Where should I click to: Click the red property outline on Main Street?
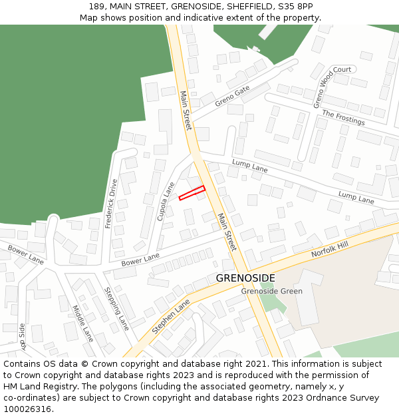point(192,193)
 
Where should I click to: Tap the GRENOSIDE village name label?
point(245,278)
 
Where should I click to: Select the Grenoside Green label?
point(271,291)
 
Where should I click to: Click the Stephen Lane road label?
point(171,315)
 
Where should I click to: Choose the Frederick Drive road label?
point(111,203)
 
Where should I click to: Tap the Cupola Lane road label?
point(166,202)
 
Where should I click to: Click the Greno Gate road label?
point(232,96)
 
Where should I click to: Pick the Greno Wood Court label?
point(332,85)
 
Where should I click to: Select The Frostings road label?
point(343,118)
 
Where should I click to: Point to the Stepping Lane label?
point(116,308)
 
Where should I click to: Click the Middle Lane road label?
point(83,323)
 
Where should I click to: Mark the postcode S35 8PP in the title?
point(295,7)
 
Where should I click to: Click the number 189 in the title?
point(96,7)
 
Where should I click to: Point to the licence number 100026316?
point(29,409)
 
